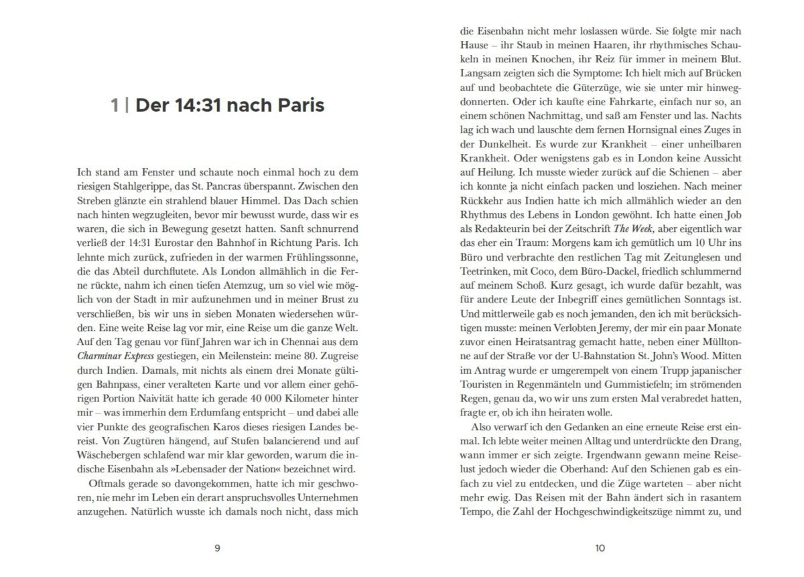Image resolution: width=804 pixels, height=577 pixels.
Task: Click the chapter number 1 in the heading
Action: point(115,106)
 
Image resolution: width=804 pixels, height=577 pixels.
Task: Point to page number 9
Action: point(216,548)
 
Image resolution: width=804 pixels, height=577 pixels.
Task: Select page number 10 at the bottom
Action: point(600,548)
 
